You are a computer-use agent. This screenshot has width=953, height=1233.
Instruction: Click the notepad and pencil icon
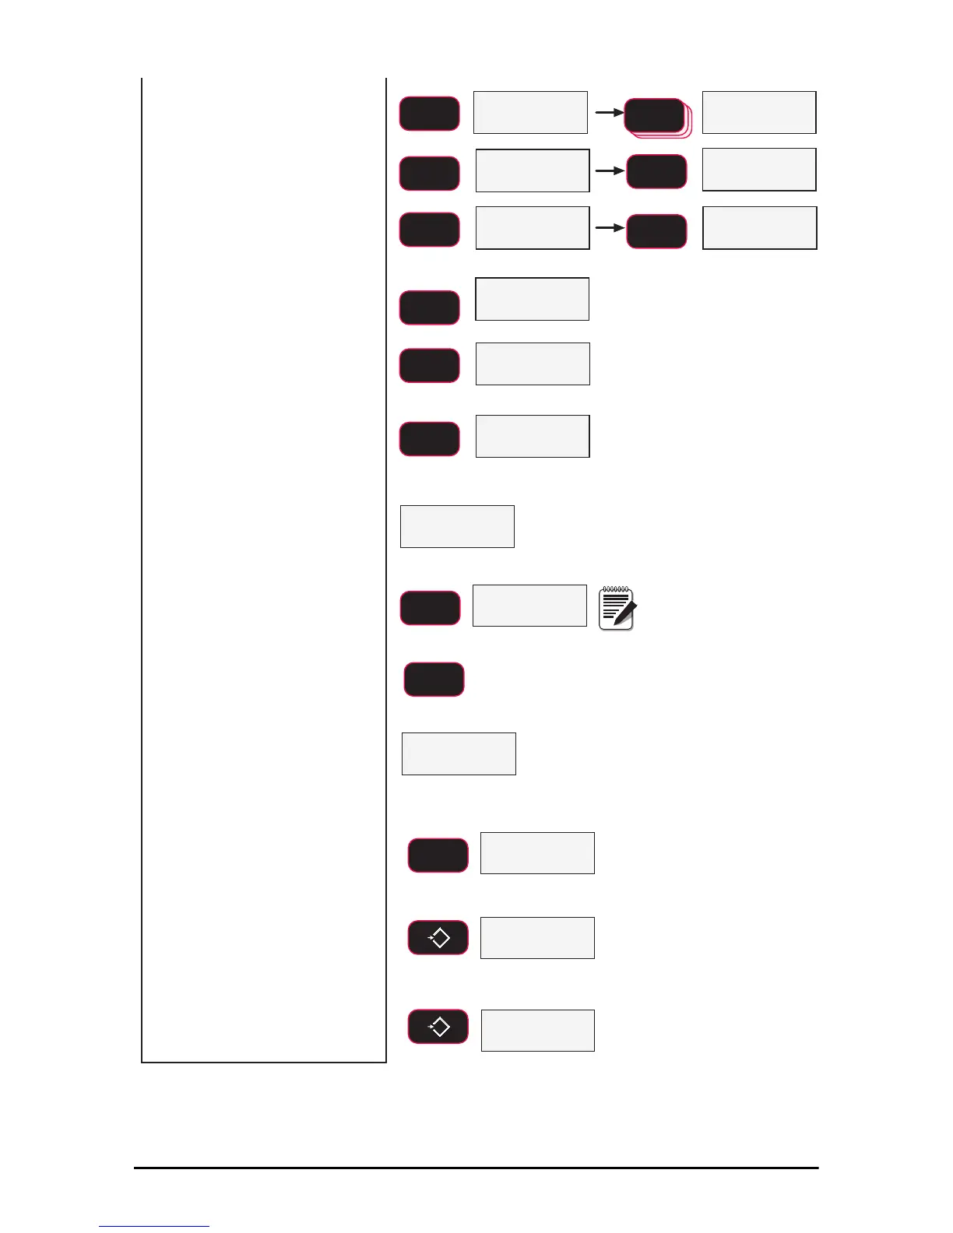coord(617,608)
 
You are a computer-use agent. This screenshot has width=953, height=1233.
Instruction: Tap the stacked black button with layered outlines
coord(655,116)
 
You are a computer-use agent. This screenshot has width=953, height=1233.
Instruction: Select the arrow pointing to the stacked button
coord(610,112)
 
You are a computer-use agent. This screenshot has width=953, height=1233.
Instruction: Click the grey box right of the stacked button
coord(759,112)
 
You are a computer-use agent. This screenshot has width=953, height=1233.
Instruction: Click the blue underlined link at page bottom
coord(153,1226)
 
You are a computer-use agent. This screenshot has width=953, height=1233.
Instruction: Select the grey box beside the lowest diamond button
coord(538,1031)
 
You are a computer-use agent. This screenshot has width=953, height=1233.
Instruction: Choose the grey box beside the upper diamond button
coord(538,938)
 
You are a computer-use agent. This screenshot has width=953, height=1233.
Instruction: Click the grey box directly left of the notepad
coord(529,606)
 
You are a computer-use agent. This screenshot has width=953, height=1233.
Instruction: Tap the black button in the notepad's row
coord(431,608)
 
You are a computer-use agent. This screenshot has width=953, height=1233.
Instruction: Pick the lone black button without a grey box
coord(434,680)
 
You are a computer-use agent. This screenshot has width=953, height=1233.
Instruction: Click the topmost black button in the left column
coord(430,114)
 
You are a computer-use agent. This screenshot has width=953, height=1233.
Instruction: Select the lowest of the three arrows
coord(610,228)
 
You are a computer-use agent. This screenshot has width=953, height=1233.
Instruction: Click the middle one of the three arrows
coord(610,170)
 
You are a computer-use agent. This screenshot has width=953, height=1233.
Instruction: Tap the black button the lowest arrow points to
coord(656,231)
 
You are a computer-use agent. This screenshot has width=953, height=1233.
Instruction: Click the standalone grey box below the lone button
coord(459,753)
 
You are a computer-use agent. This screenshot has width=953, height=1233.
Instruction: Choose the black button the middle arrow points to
coord(656,172)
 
